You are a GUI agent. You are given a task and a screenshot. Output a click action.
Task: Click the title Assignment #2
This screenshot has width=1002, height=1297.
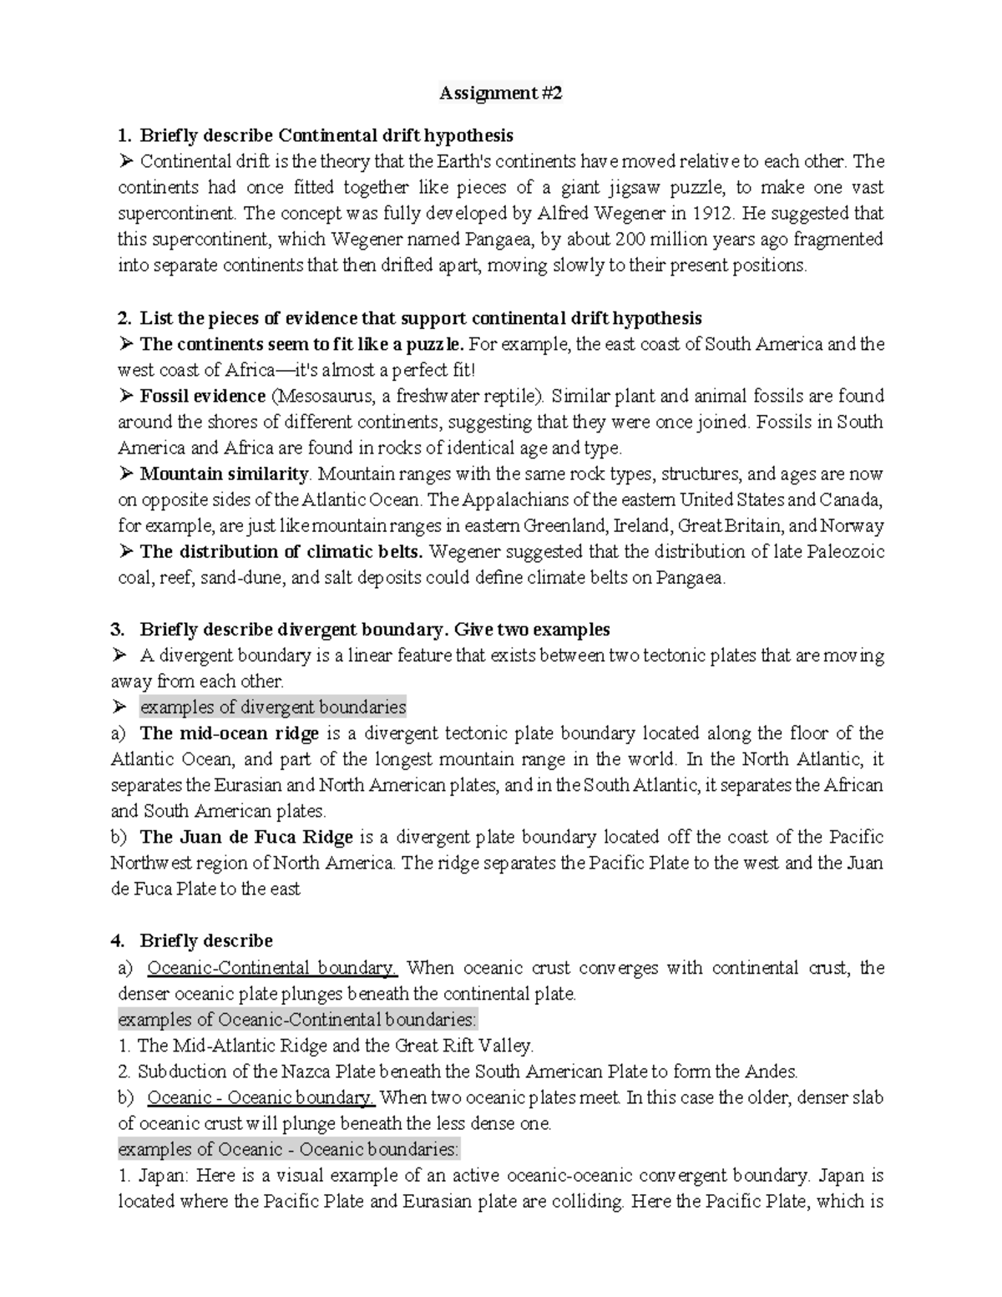tap(501, 94)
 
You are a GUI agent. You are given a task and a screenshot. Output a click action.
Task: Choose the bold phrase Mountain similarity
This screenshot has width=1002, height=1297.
tap(224, 474)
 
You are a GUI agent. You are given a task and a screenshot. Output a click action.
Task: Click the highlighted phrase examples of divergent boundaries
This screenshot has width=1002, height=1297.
tap(273, 707)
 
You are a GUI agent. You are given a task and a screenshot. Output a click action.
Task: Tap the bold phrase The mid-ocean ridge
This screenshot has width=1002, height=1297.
tap(230, 733)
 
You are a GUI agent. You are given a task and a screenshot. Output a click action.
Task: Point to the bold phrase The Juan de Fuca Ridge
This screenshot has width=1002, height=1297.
tap(246, 837)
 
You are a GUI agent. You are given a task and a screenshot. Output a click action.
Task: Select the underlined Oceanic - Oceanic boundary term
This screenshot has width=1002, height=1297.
tap(260, 1097)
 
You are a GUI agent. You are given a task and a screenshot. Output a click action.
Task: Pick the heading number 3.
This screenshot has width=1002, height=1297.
tap(117, 630)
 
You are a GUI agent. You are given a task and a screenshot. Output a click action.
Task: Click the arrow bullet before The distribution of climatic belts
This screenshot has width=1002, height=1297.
tap(126, 552)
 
